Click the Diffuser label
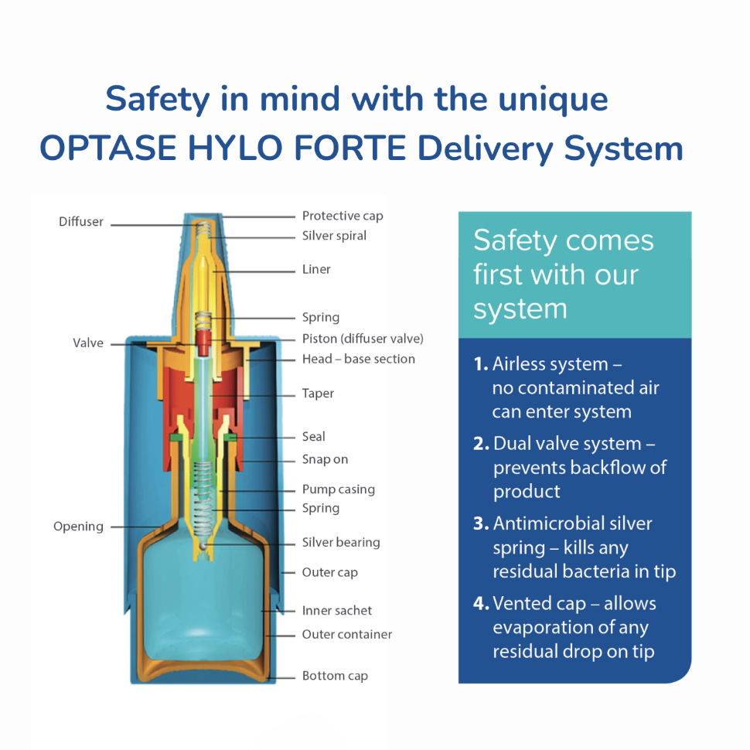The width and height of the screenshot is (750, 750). point(80,222)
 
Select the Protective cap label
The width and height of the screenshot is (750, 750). point(342,216)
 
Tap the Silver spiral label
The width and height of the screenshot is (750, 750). point(334,236)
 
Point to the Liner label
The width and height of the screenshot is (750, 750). point(316,269)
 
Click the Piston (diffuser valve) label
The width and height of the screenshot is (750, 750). point(363,339)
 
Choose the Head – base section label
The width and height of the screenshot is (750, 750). point(358,359)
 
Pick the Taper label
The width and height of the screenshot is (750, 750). point(318,394)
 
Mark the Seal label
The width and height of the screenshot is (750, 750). point(313,437)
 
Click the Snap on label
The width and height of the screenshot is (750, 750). point(325,459)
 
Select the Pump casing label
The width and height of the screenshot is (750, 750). point(338,489)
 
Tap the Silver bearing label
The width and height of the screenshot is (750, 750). point(341,543)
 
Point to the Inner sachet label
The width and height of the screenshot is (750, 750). point(337,611)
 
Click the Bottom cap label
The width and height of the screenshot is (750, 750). point(335,676)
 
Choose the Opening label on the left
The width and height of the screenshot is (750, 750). point(78,527)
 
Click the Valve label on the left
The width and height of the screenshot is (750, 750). point(88,343)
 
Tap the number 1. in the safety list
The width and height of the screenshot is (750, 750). point(481,364)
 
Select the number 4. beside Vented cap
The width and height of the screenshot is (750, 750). point(481,604)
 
